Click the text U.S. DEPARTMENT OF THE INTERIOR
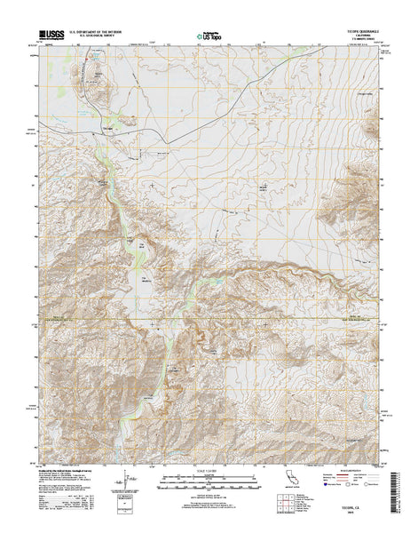coord(105,34)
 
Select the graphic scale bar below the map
coord(209,485)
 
